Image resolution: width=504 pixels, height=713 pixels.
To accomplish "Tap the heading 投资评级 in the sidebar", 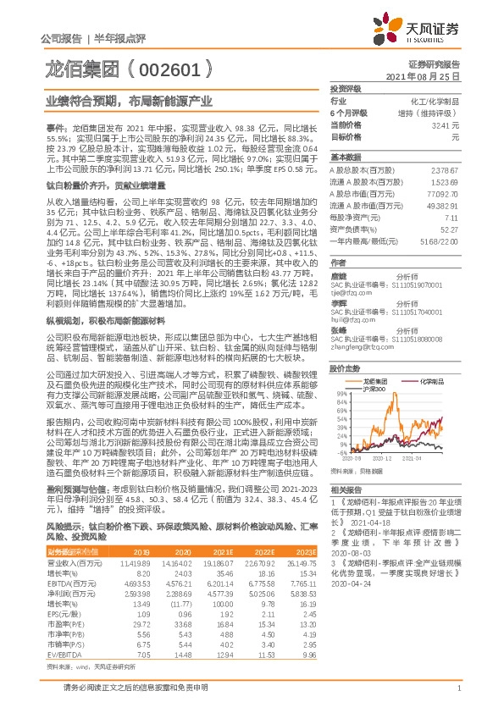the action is (x=346, y=88).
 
